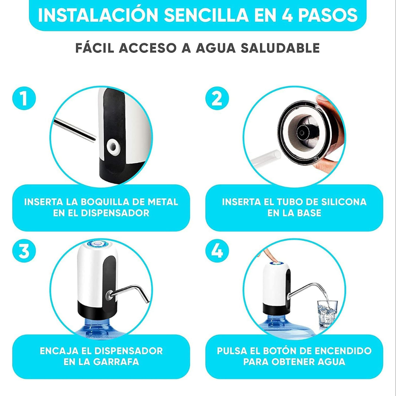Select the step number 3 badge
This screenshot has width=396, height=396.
coord(24,251)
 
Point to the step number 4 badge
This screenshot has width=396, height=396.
coord(217,251)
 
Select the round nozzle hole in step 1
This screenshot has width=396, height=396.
coord(113,147)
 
